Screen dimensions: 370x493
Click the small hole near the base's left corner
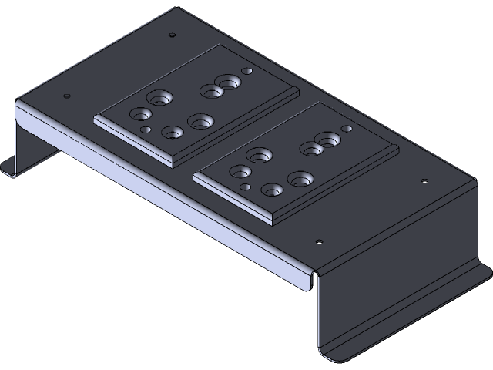(x=66, y=96)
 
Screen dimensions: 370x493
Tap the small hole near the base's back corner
(x=172, y=35)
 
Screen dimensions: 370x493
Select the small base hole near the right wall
(x=424, y=181)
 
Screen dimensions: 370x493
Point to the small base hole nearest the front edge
(x=319, y=242)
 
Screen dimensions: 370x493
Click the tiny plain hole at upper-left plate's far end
(x=247, y=71)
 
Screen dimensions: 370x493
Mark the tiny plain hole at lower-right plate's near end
(x=246, y=187)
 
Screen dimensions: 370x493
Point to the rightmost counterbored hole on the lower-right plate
(x=327, y=140)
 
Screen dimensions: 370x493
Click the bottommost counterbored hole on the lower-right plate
(x=272, y=189)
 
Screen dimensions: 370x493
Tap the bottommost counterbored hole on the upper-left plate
(x=173, y=133)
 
